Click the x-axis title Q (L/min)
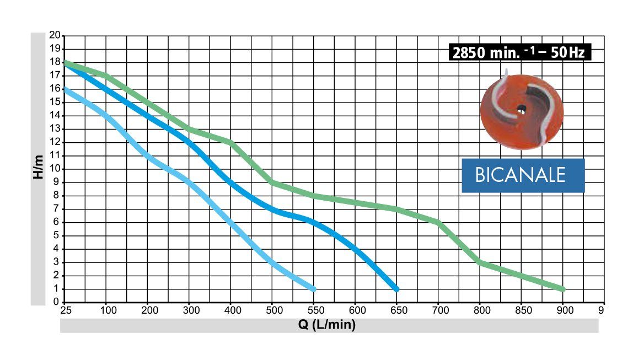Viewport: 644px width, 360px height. [x=327, y=325]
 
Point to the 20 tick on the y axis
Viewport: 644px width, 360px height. [x=55, y=35]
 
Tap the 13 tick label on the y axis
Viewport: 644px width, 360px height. [x=55, y=129]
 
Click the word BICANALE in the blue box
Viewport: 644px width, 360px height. [x=521, y=175]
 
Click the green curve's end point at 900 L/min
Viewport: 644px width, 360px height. [x=562, y=289]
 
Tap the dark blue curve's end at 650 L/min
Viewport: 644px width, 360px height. [x=396, y=289]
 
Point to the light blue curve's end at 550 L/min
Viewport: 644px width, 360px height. [x=313, y=289]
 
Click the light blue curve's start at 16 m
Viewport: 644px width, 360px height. [x=66, y=89]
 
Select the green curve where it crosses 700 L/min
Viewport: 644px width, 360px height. [x=438, y=222]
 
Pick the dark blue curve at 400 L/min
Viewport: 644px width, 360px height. [x=230, y=182]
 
